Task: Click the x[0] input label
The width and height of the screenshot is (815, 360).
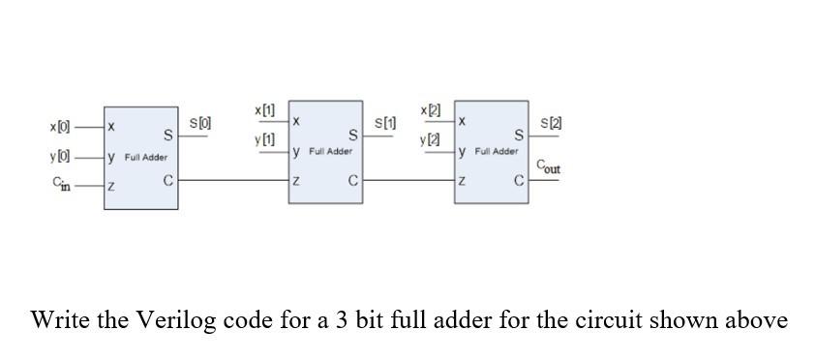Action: click(60, 127)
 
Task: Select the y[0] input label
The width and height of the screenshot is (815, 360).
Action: click(60, 156)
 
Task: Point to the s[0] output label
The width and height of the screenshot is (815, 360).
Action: click(200, 124)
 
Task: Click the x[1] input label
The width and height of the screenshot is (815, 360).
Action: click(264, 110)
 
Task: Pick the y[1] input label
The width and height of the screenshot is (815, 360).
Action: click(264, 140)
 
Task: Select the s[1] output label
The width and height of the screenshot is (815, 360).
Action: click(385, 123)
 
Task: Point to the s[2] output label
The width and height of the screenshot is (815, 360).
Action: click(551, 123)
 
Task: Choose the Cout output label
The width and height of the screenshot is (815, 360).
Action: click(548, 167)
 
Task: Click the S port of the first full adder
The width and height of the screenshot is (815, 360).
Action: click(167, 135)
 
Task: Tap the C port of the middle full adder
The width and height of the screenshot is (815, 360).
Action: click(353, 180)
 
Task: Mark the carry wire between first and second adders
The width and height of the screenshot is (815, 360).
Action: click(232, 180)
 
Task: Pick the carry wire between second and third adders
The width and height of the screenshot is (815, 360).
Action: click(407, 180)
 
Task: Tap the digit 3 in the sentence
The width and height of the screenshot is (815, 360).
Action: click(339, 320)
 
